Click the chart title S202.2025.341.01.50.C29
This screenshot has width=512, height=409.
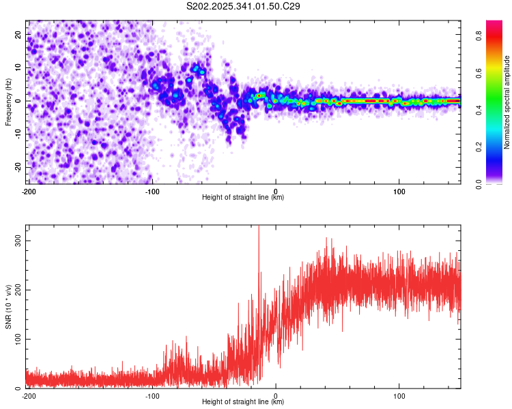click(244, 7)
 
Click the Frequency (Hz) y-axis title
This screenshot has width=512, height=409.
click(8, 102)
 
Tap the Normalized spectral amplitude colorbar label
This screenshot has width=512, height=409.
click(507, 102)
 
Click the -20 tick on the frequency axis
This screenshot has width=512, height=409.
click(18, 166)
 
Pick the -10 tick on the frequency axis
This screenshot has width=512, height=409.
click(18, 134)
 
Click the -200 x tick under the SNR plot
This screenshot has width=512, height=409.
click(28, 395)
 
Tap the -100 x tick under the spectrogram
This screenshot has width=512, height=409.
click(152, 191)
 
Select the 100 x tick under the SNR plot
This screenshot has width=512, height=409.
click(399, 395)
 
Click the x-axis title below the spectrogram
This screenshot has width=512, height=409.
click(243, 198)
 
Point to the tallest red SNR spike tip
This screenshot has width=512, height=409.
click(259, 227)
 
